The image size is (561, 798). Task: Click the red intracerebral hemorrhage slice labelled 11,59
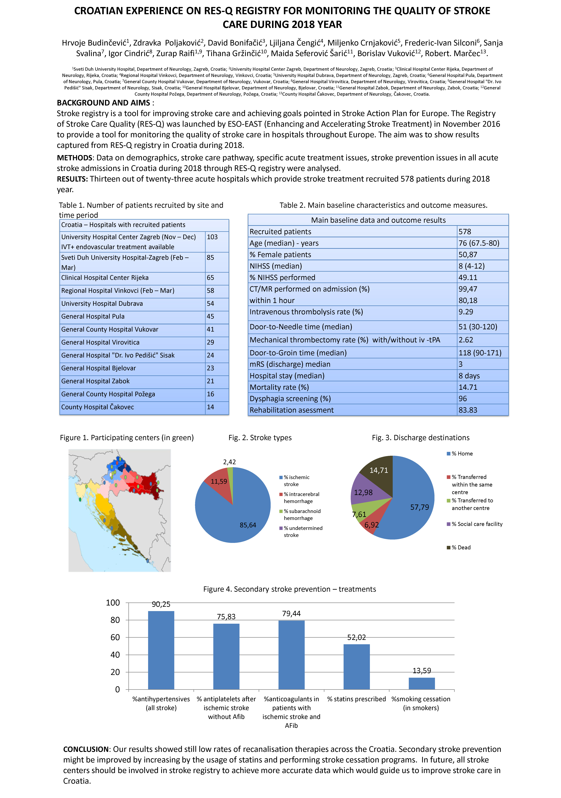click(x=219, y=481)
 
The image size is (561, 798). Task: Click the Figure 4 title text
click(x=289, y=589)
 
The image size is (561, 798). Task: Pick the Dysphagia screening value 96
click(x=463, y=399)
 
